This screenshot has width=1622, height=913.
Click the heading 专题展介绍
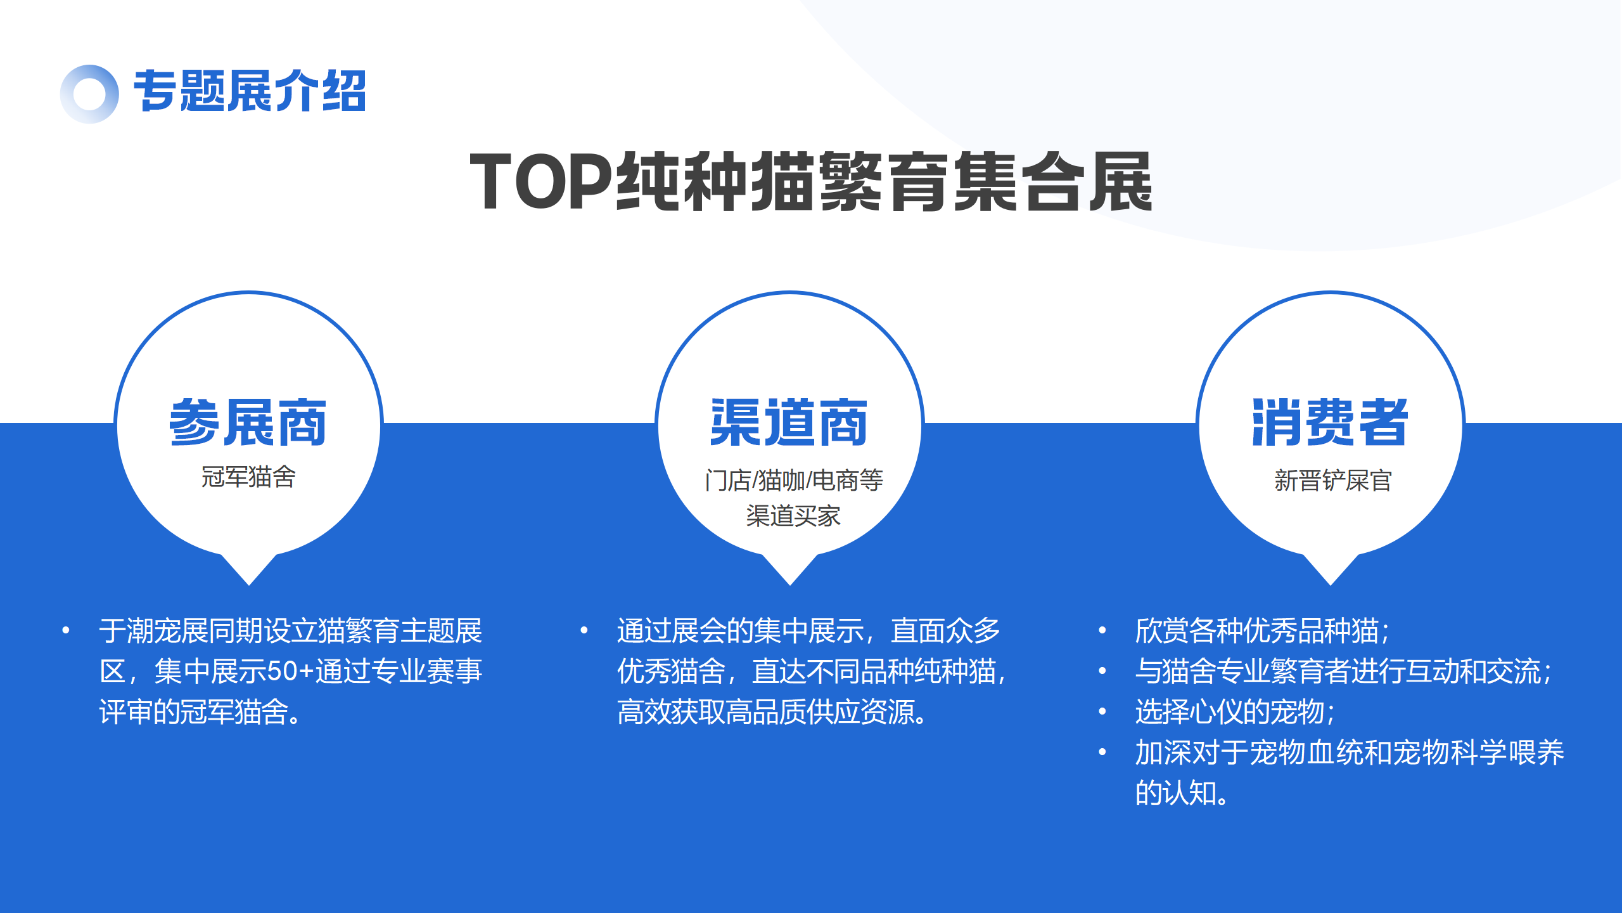pos(250,91)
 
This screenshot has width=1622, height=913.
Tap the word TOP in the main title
pos(542,182)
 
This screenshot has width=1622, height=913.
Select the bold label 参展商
pos(248,423)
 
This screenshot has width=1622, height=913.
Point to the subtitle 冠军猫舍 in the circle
pos(248,477)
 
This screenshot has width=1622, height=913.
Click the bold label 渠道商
pos(789,423)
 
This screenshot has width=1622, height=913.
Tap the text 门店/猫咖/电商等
pos(794,481)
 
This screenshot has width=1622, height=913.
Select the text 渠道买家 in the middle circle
pos(793,516)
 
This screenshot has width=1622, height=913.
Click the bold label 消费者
pos(1330,423)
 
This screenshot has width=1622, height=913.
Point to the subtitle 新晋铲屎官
pos(1333,481)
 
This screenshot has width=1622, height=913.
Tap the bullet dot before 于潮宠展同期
pos(66,630)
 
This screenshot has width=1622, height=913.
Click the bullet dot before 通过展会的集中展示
pos(584,630)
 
